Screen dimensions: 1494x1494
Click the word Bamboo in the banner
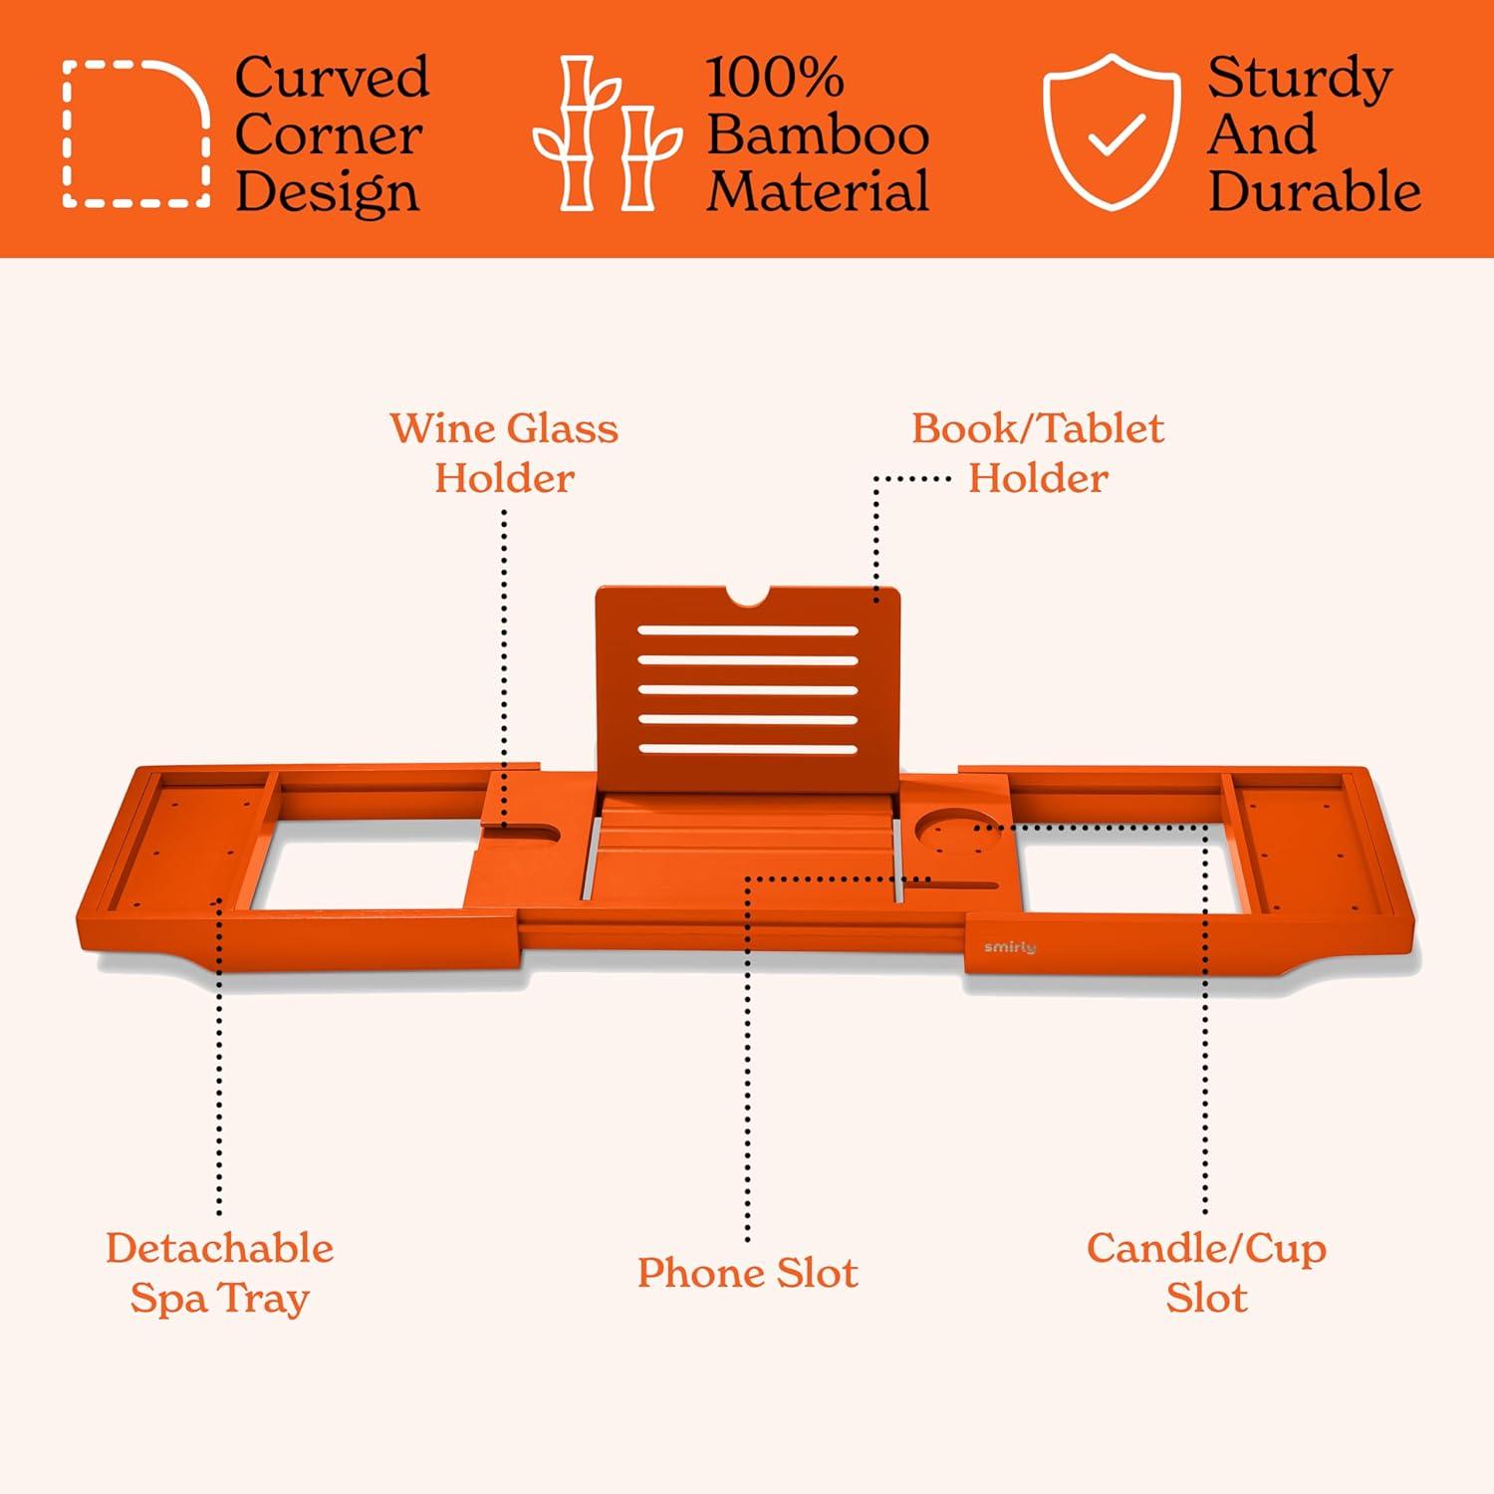click(818, 134)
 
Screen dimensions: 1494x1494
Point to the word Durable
click(1315, 191)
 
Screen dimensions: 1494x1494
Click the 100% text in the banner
click(775, 77)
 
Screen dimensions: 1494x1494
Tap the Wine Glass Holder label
click(504, 453)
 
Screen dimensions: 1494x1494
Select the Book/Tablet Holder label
click(1038, 453)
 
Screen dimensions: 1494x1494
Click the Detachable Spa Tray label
click(219, 1273)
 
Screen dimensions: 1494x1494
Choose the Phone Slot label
click(747, 1273)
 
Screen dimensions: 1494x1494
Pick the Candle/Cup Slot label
click(1206, 1273)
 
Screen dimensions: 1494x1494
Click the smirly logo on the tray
click(1010, 946)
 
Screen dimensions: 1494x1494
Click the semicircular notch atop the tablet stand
click(747, 596)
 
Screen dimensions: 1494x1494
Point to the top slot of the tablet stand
click(748, 631)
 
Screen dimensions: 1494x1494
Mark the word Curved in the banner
click(333, 77)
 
